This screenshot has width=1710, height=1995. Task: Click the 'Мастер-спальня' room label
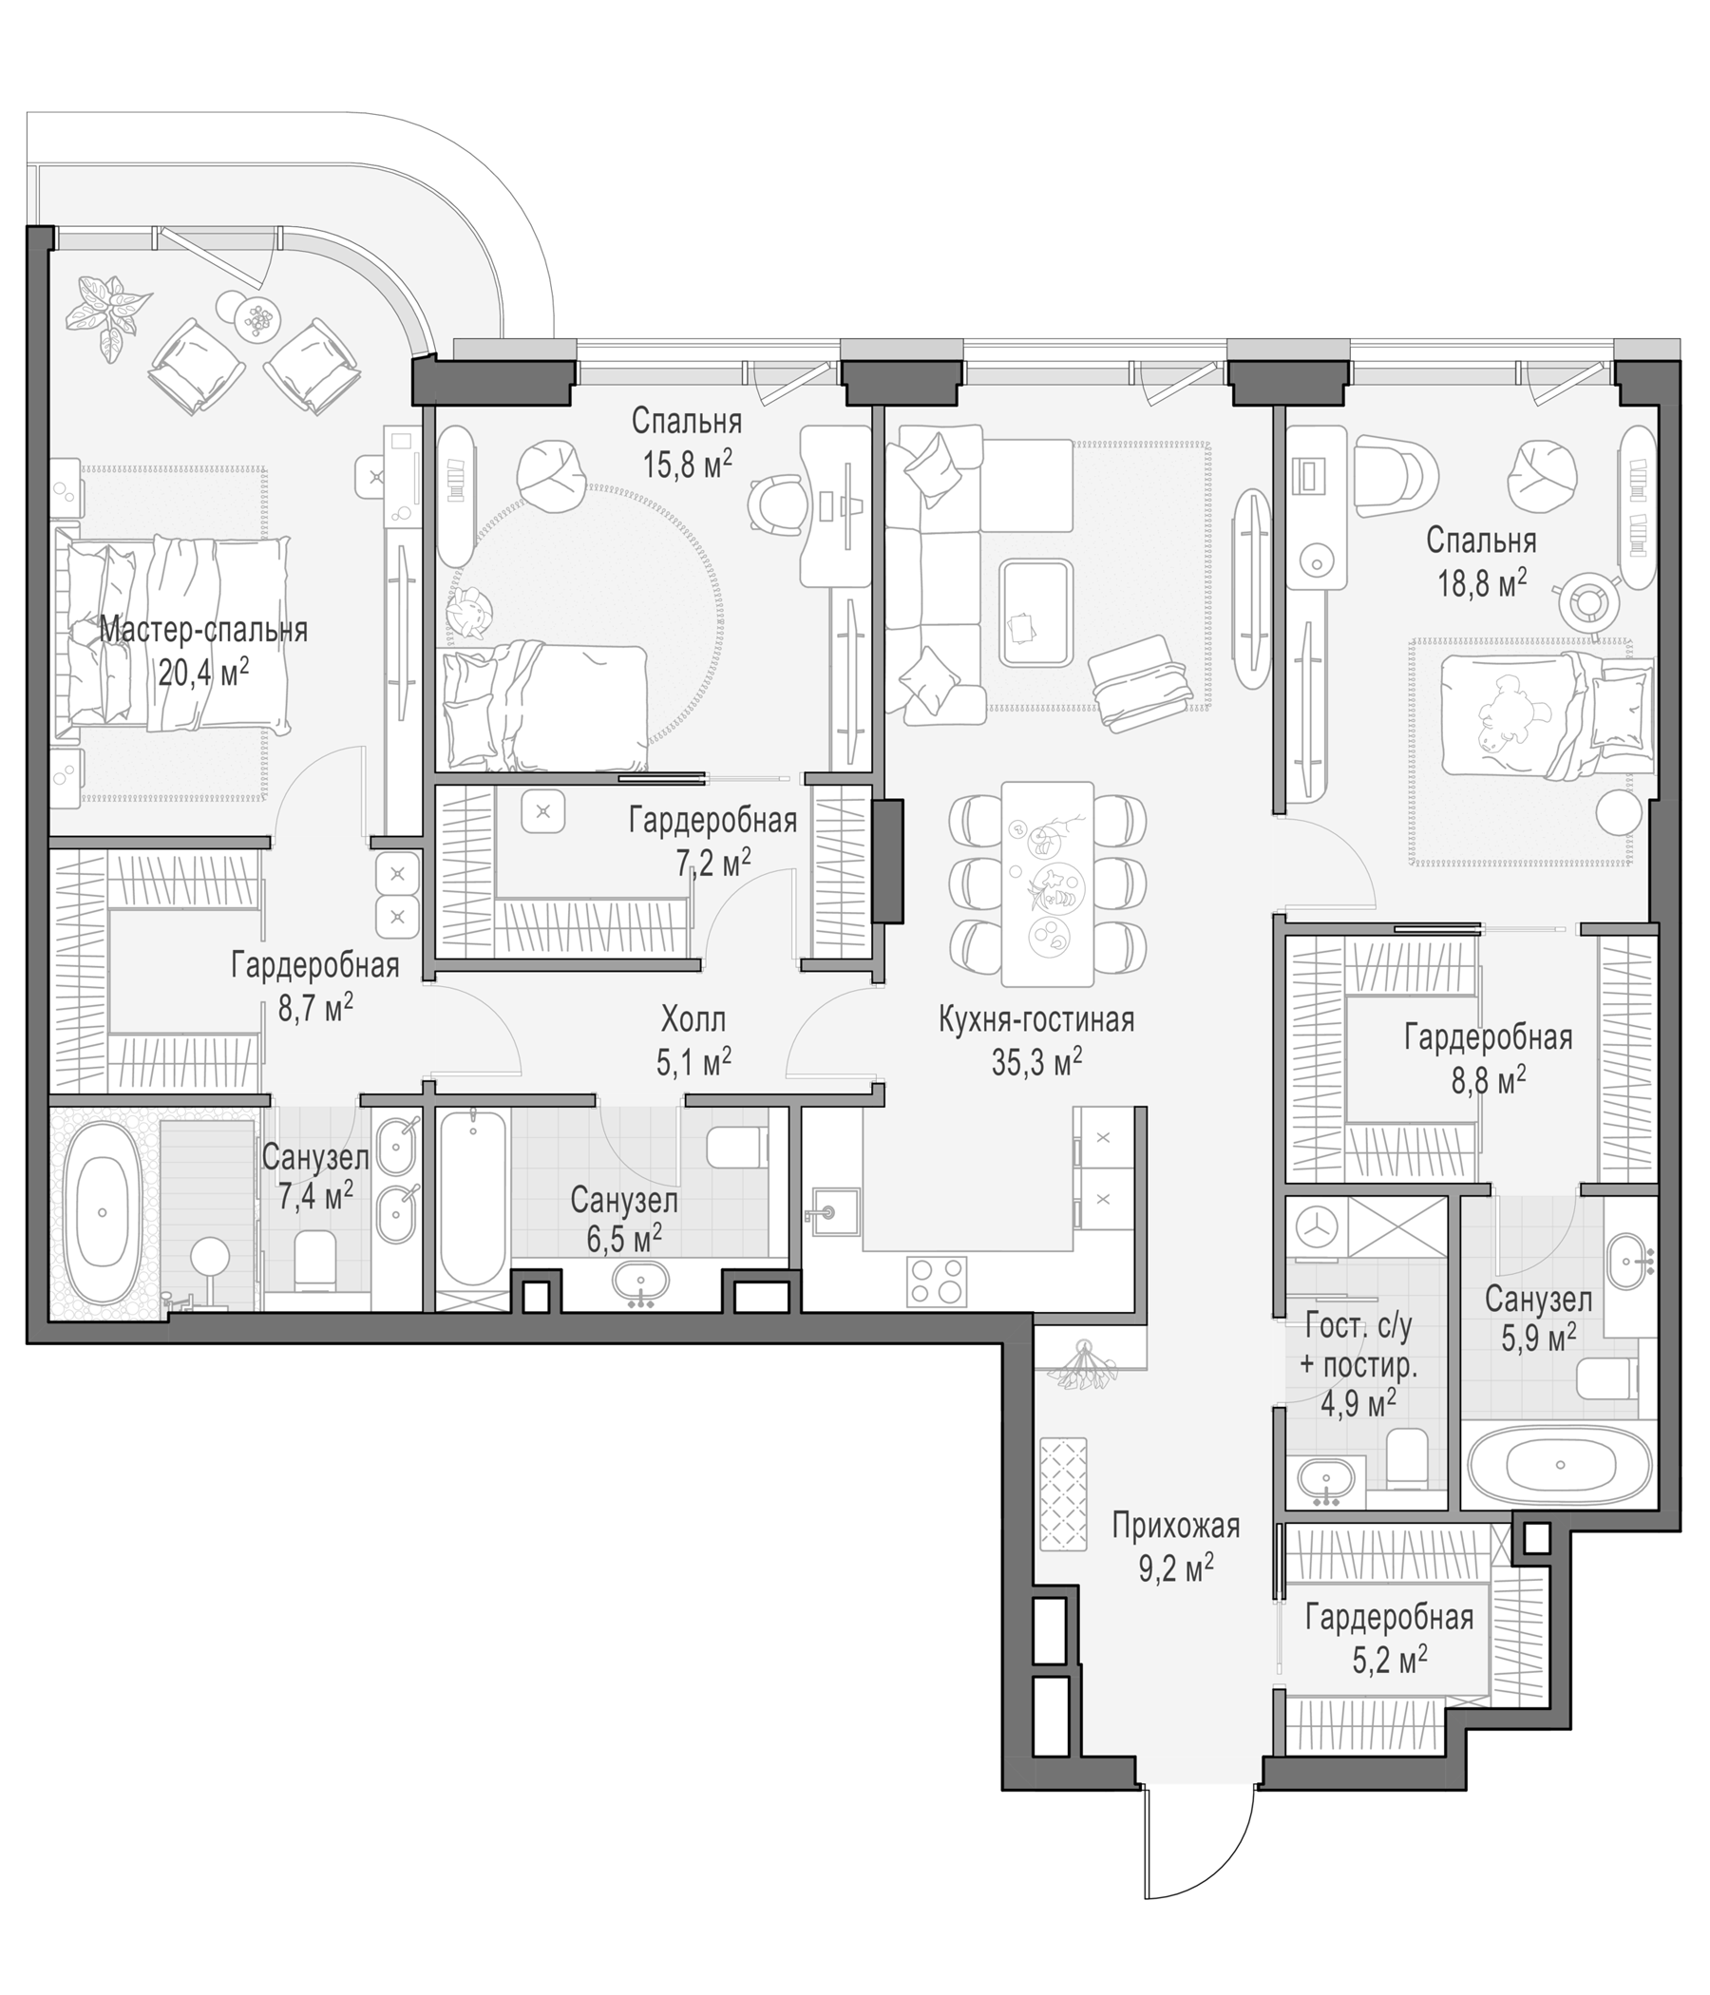tap(203, 631)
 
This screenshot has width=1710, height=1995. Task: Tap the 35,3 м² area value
tap(1036, 1062)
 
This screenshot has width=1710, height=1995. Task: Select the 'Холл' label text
tap(693, 1018)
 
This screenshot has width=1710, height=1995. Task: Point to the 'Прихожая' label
tap(1176, 1526)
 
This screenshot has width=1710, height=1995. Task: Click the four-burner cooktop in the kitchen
tap(937, 1282)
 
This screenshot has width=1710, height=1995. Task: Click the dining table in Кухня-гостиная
tap(1048, 883)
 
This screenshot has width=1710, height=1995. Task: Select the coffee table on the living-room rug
tap(1036, 614)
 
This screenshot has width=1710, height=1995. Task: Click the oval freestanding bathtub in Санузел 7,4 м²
tap(102, 1212)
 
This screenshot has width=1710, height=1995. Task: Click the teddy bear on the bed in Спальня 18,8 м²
tap(1509, 713)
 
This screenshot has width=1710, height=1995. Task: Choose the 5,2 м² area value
tap(1389, 1659)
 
